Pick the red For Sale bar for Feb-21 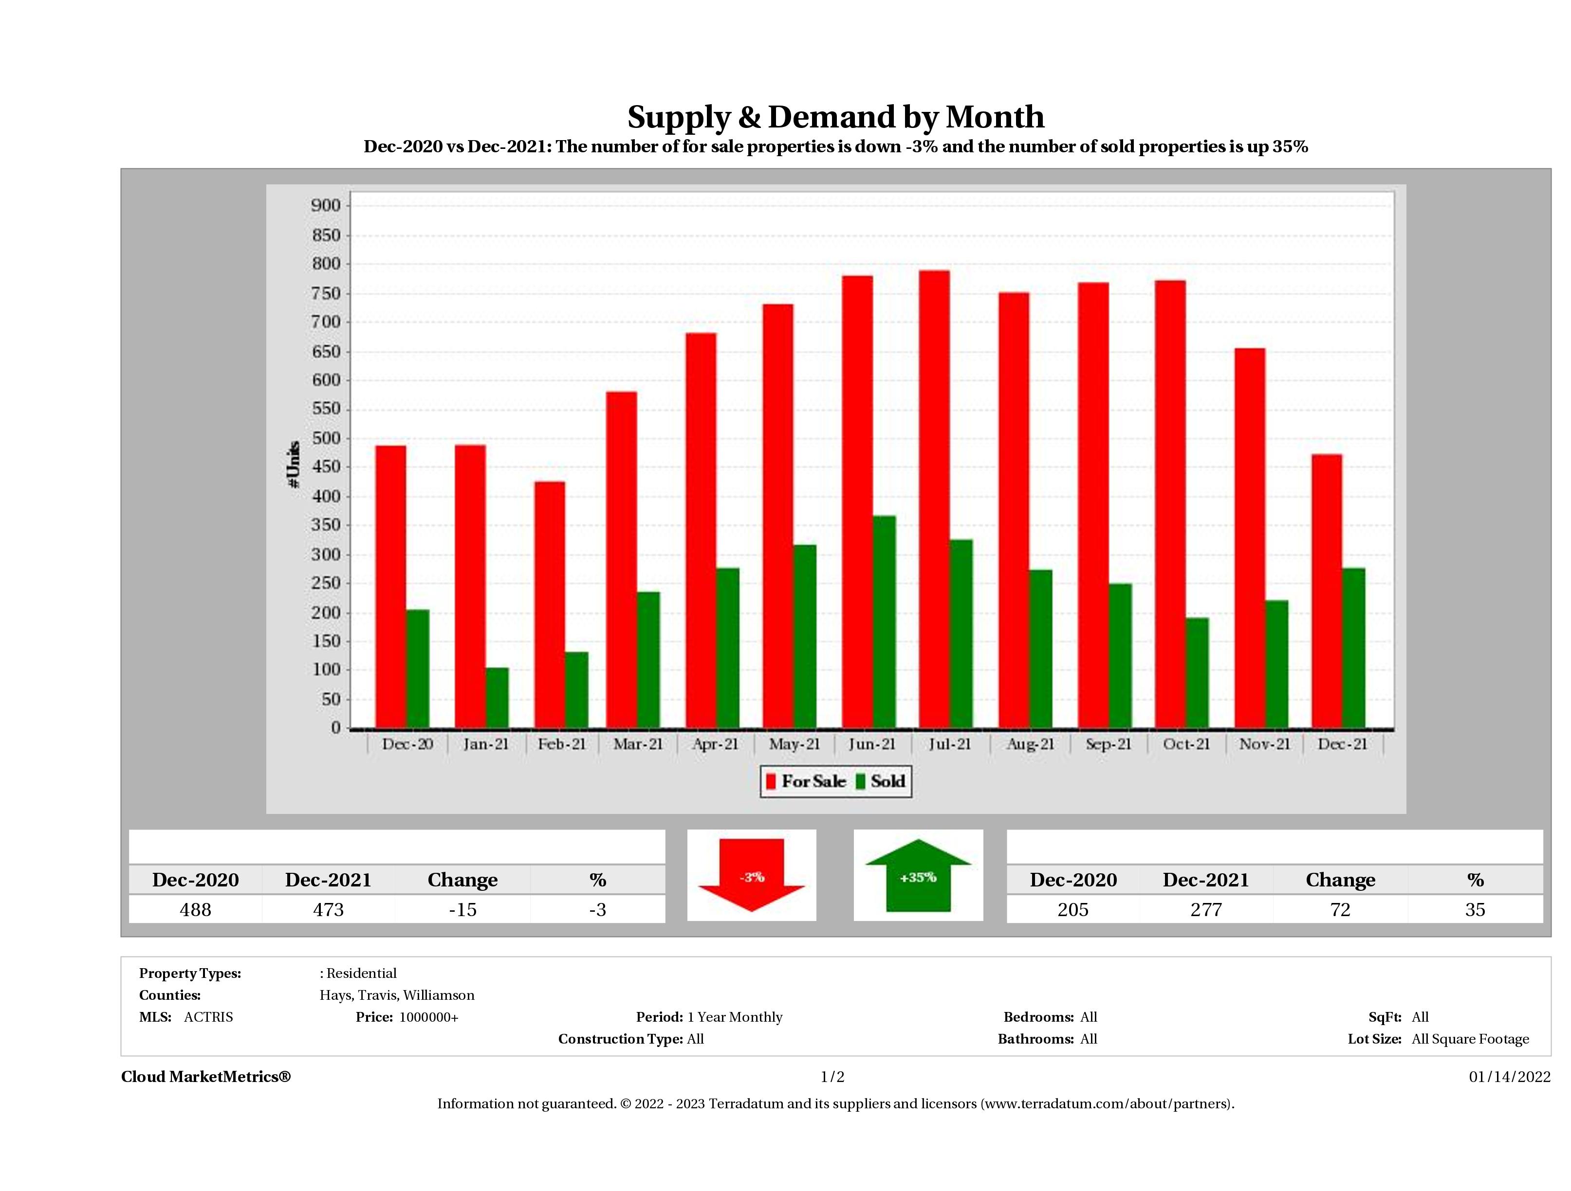click(x=550, y=605)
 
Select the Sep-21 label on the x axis click(x=1108, y=744)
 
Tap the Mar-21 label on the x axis click(x=638, y=744)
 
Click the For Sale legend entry click(x=806, y=781)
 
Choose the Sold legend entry click(x=881, y=781)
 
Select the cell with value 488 click(x=195, y=909)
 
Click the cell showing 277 click(x=1205, y=909)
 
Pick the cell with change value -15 click(x=462, y=909)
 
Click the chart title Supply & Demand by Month click(x=835, y=117)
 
